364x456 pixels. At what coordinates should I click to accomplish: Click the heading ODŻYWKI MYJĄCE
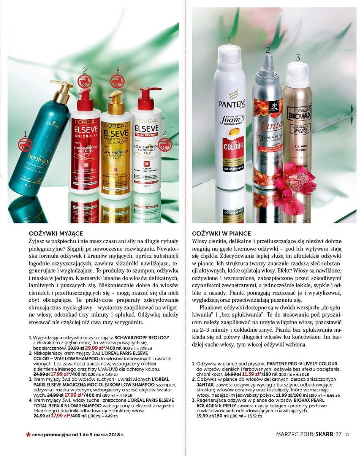(x=56, y=233)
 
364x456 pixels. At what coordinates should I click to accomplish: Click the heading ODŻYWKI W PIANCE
(x=222, y=233)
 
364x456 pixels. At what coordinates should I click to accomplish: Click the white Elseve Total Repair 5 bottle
(x=146, y=152)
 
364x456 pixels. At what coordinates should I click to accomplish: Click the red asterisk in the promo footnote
(x=28, y=434)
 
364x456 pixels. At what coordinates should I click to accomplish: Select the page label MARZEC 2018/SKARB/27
(x=309, y=434)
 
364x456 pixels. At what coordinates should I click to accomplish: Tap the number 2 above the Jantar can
(x=268, y=50)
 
